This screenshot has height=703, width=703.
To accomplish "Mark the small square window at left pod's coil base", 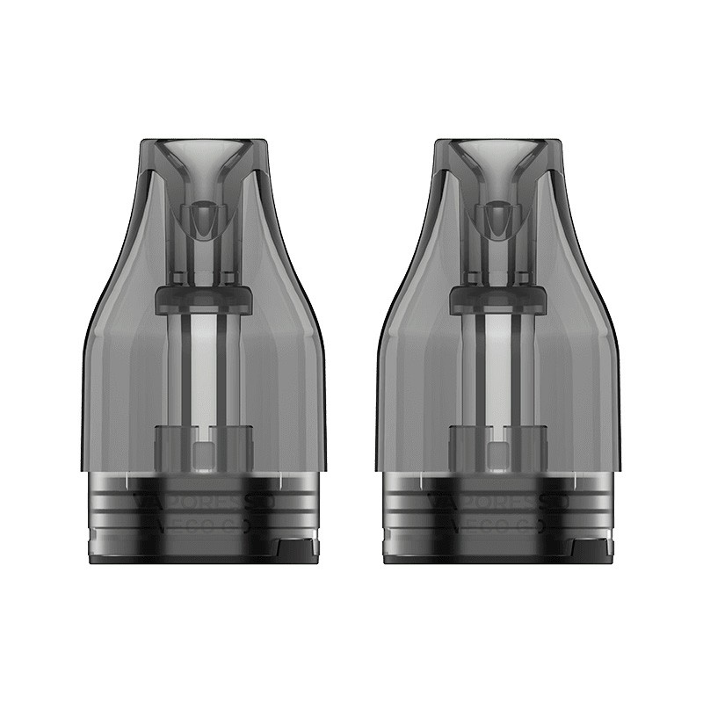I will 203,453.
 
